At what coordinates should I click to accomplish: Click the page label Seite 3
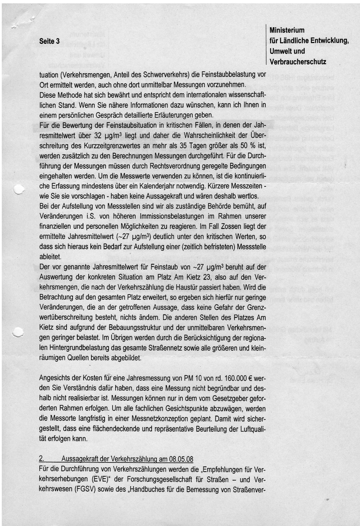49,41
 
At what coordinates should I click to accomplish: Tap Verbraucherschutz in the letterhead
298,62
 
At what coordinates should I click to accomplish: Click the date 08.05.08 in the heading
181,459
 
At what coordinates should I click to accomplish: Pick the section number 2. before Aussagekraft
42,459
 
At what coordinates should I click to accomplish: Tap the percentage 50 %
247,146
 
